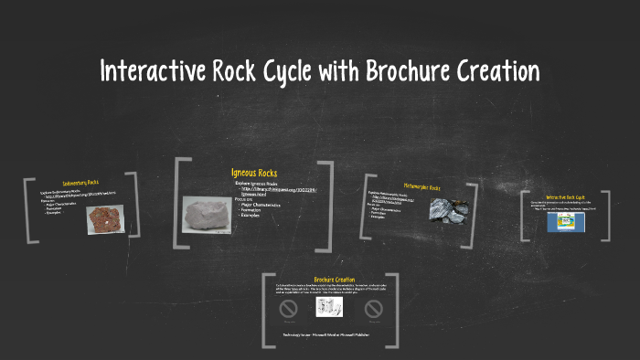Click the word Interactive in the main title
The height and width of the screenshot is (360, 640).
152,70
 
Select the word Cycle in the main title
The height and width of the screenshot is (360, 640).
278,70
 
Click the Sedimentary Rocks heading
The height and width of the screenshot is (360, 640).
80,184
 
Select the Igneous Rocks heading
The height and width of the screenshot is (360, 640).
254,174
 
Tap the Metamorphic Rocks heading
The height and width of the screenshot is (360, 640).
421,186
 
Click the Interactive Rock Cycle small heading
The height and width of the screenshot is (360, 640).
565,197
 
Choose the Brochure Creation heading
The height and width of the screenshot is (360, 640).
334,280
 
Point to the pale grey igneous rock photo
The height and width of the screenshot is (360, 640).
207,216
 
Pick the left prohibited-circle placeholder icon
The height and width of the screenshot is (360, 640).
288,309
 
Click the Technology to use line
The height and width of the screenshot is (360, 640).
329,335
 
